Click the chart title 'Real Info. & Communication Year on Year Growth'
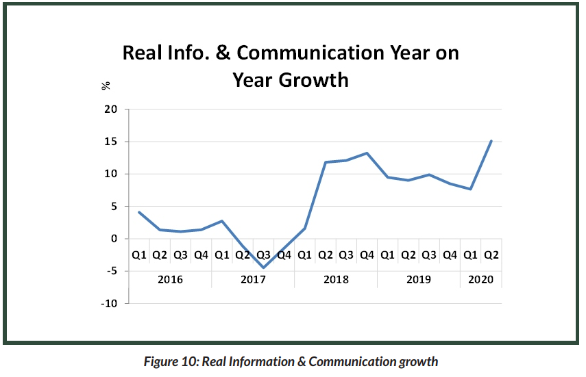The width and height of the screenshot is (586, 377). click(291, 66)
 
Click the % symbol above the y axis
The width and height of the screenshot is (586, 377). click(106, 86)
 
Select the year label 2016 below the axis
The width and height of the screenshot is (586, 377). click(170, 279)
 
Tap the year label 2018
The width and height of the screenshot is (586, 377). click(336, 279)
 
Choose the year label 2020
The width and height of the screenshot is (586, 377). click(480, 279)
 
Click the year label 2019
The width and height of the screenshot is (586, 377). click(418, 279)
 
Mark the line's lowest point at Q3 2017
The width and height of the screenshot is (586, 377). click(263, 268)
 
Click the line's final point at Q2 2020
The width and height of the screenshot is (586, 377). click(491, 141)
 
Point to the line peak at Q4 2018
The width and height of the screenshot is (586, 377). click(367, 153)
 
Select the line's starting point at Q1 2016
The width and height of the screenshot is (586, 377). click(139, 212)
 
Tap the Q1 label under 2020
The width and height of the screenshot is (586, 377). click(470, 255)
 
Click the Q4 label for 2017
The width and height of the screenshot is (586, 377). click(284, 255)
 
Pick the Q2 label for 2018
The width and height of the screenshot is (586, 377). click(326, 255)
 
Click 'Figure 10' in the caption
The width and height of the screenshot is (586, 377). click(169, 361)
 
